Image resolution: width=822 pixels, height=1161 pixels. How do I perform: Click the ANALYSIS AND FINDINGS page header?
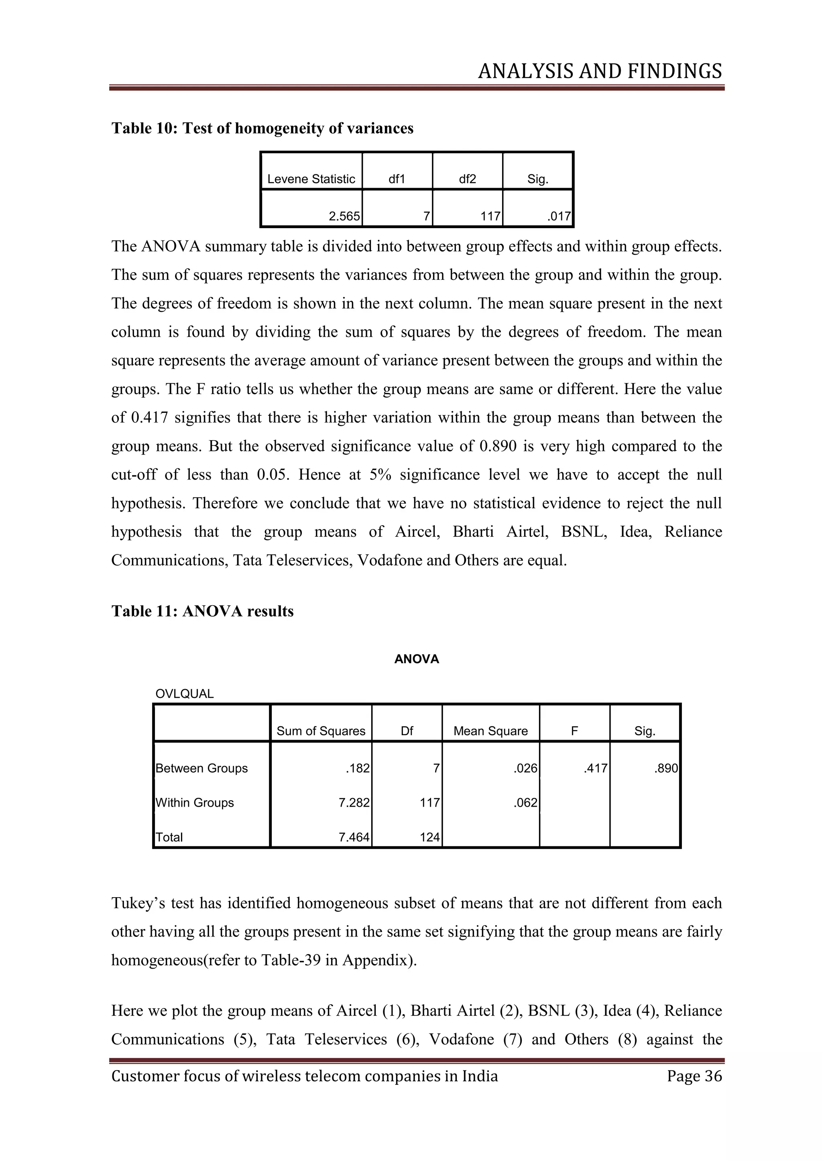point(599,71)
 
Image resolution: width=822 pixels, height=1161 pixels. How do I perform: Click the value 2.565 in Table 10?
point(344,216)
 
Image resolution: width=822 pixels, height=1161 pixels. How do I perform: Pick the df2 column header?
point(467,179)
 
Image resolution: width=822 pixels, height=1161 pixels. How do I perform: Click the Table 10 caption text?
point(262,128)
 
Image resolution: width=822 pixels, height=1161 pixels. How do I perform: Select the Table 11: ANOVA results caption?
point(202,611)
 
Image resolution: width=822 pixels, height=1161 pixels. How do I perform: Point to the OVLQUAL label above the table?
point(184,694)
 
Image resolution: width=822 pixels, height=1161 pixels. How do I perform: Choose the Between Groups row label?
point(201,768)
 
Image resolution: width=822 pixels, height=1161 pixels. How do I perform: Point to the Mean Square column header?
point(490,731)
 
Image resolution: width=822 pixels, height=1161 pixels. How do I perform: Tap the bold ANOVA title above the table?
point(416,659)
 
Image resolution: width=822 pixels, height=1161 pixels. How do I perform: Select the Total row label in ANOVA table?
point(169,837)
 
